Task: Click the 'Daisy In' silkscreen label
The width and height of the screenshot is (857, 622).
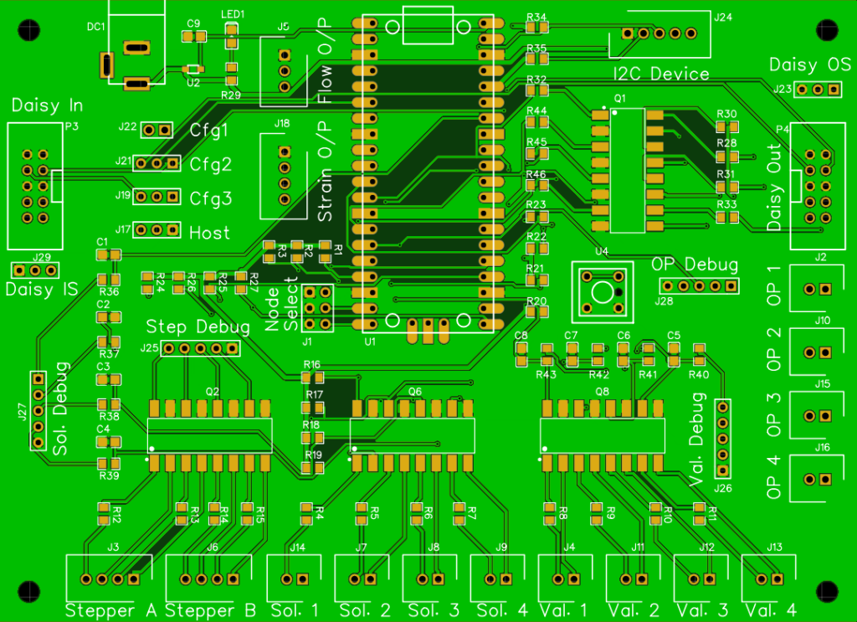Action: point(47,106)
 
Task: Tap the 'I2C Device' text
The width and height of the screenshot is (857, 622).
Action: point(661,75)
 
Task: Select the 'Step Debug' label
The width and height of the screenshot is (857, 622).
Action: point(198,326)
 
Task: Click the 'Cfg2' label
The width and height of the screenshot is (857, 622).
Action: point(211,164)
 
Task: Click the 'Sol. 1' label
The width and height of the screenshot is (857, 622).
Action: point(295,610)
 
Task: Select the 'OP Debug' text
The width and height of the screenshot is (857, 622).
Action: point(695,265)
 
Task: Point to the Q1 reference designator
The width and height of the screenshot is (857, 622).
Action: point(619,99)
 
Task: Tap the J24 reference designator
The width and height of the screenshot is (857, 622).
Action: point(722,17)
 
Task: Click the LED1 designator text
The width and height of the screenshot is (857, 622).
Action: point(233,14)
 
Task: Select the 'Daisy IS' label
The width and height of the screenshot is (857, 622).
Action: point(42,290)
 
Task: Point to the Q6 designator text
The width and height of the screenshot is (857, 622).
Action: point(415,391)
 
